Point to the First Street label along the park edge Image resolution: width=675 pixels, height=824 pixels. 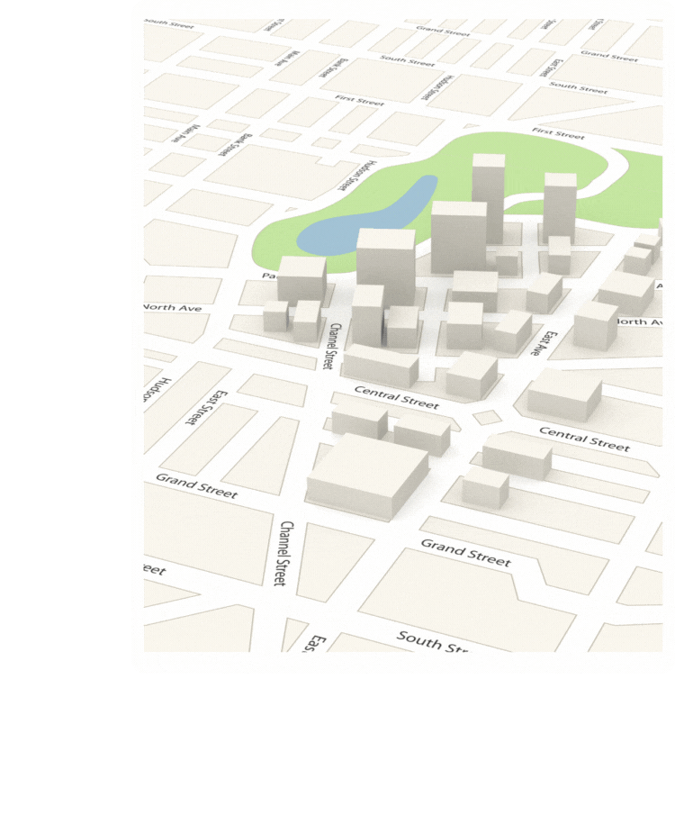[x=558, y=134]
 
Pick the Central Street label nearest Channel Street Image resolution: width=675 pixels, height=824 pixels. [x=396, y=396]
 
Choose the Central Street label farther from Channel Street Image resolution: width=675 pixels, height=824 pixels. [x=584, y=439]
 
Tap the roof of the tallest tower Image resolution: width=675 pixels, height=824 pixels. [x=489, y=161]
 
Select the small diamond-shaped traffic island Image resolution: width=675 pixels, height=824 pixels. [x=487, y=418]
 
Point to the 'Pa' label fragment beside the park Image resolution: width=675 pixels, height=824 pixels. [x=268, y=276]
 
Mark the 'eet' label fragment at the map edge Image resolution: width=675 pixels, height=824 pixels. [x=154, y=570]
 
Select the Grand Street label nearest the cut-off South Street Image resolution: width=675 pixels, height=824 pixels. [x=465, y=552]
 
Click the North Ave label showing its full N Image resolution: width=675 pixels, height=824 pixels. [x=172, y=308]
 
